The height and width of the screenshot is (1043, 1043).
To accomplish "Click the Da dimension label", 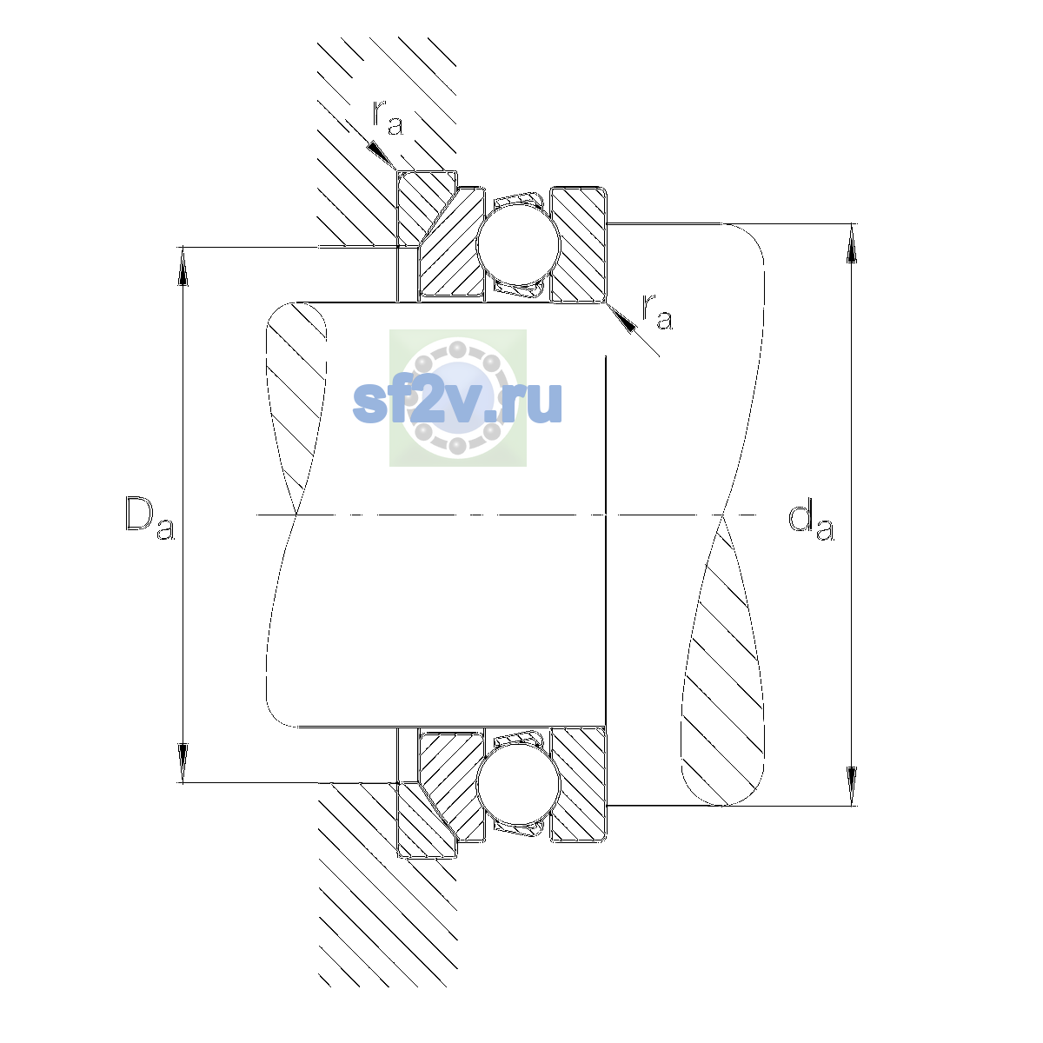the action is click(x=149, y=519).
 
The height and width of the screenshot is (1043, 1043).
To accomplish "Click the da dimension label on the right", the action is click(x=811, y=521).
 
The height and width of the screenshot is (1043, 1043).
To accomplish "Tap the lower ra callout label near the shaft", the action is click(x=657, y=312).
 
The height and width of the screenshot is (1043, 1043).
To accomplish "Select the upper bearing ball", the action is click(x=519, y=244).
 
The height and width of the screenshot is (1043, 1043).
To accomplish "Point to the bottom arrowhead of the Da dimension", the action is click(x=183, y=763).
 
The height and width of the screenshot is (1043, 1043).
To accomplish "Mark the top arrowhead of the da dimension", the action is click(x=852, y=243).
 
